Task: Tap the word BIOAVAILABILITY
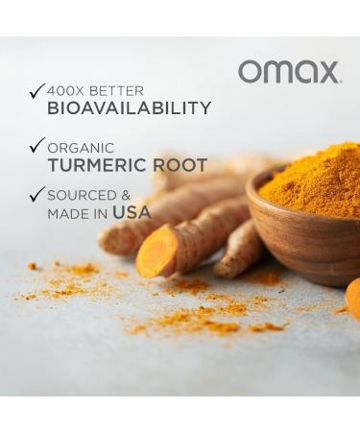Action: pos(129,108)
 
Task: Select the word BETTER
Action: pos(116,90)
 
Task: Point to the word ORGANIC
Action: pos(81,148)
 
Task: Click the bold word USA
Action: pos(132,212)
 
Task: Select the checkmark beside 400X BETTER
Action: pos(36,91)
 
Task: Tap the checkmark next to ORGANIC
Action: pos(36,147)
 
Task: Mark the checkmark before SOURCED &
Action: pos(36,195)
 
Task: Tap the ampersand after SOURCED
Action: pos(126,195)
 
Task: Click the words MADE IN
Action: pos(77,213)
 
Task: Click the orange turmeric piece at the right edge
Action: pos(353,298)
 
